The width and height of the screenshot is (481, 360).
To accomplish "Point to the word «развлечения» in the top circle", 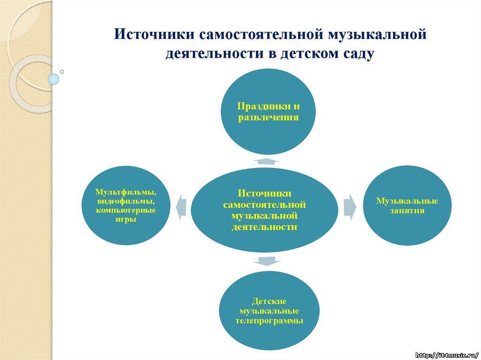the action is point(268,118).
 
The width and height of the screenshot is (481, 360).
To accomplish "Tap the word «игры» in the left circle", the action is point(126,220).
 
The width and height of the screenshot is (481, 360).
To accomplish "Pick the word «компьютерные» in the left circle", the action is point(126,211).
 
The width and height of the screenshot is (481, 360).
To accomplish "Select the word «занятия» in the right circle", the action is point(407,211).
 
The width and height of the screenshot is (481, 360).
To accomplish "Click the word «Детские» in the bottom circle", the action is point(269,301).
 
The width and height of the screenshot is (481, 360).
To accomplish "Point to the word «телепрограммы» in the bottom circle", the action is point(269,321).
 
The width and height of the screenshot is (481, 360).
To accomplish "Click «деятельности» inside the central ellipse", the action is point(264,227).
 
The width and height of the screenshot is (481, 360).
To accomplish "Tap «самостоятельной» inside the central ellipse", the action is point(264,205).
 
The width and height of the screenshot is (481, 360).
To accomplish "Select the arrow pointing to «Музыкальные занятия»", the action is point(349,207).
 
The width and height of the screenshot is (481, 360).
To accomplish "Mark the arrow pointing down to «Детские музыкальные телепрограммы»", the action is point(267,261).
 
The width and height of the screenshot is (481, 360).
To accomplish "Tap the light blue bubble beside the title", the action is point(54,79).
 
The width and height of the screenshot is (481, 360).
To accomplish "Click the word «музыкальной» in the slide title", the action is point(377,34).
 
